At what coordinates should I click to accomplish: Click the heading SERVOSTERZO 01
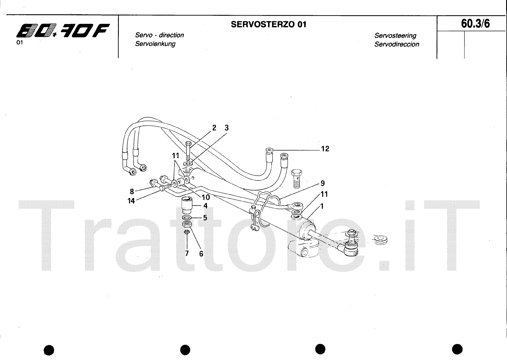pyautogui.click(x=269, y=24)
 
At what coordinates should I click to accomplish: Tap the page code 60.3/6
pyautogui.click(x=475, y=24)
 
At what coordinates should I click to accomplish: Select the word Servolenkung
pyautogui.click(x=155, y=44)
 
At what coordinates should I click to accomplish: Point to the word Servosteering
pyautogui.click(x=395, y=36)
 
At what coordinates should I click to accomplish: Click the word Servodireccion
pyautogui.click(x=397, y=44)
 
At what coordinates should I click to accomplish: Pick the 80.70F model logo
pyautogui.click(x=62, y=32)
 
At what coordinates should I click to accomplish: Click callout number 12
pyautogui.click(x=325, y=149)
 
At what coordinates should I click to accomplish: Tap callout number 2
pyautogui.click(x=214, y=128)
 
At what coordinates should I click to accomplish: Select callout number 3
pyautogui.click(x=226, y=128)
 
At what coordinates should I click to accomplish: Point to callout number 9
pyautogui.click(x=323, y=183)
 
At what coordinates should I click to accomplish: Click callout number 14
pyautogui.click(x=131, y=201)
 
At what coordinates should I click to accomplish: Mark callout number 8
pyautogui.click(x=132, y=191)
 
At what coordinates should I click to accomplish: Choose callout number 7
pyautogui.click(x=187, y=253)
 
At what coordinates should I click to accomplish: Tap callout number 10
pyautogui.click(x=206, y=197)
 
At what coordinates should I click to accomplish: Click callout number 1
pyautogui.click(x=322, y=206)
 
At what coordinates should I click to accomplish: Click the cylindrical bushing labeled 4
pyautogui.click(x=187, y=205)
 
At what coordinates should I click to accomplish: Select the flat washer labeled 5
pyautogui.click(x=187, y=218)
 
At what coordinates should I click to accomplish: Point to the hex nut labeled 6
pyautogui.click(x=187, y=225)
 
